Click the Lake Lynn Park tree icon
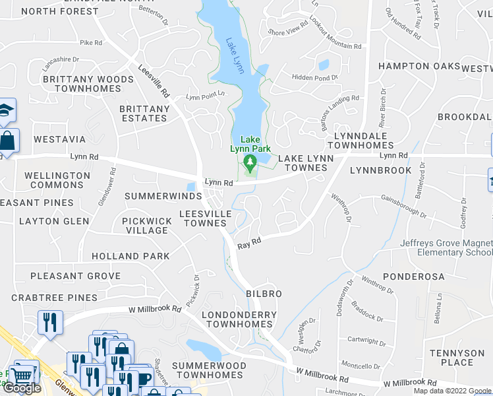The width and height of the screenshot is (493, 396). click(250, 162)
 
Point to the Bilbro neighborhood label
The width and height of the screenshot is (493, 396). click(264, 294)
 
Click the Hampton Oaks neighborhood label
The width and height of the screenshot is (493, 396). click(419, 66)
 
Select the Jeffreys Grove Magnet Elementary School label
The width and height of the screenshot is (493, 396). click(446, 247)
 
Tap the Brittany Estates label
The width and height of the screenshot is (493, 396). click(144, 114)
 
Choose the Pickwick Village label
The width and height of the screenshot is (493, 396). click(146, 226)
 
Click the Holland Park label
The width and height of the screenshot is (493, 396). click(130, 256)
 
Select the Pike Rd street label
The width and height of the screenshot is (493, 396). click(91, 43)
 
